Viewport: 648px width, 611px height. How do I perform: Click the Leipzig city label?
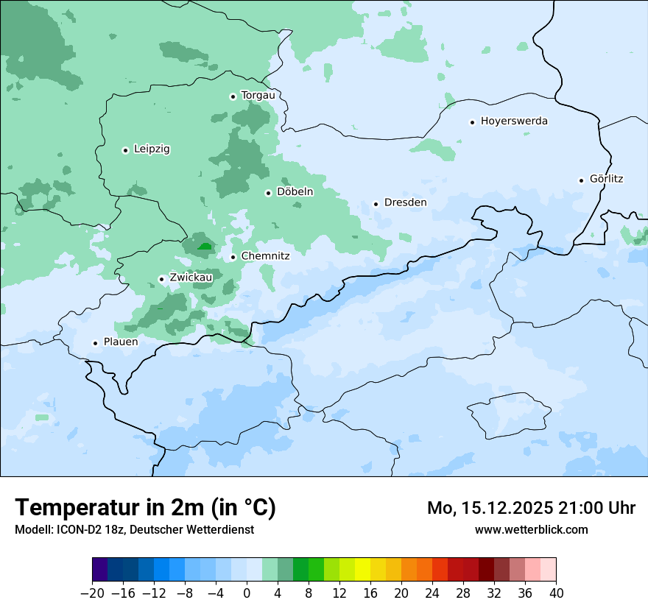[x=152, y=149]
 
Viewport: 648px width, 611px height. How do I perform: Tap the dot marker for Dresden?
[x=376, y=204]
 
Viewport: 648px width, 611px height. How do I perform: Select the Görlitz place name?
[x=606, y=179]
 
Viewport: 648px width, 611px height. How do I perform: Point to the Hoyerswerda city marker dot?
[x=472, y=122]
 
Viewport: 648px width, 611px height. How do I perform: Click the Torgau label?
[x=258, y=96]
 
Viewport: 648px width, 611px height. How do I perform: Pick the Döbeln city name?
[x=295, y=192]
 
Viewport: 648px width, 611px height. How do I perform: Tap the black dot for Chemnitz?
[x=233, y=258]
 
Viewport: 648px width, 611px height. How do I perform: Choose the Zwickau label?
[x=191, y=278]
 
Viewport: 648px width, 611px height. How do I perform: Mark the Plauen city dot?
[x=95, y=343]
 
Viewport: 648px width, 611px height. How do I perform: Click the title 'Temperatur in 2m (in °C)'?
[x=145, y=508]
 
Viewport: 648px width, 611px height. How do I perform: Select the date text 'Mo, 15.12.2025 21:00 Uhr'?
[x=531, y=508]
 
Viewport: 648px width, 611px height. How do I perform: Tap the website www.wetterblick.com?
[x=531, y=529]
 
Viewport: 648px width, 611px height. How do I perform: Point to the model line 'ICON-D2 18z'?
[x=134, y=529]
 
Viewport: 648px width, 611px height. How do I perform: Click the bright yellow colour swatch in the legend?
[x=362, y=570]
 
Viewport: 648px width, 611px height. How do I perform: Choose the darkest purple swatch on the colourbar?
[x=100, y=570]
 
